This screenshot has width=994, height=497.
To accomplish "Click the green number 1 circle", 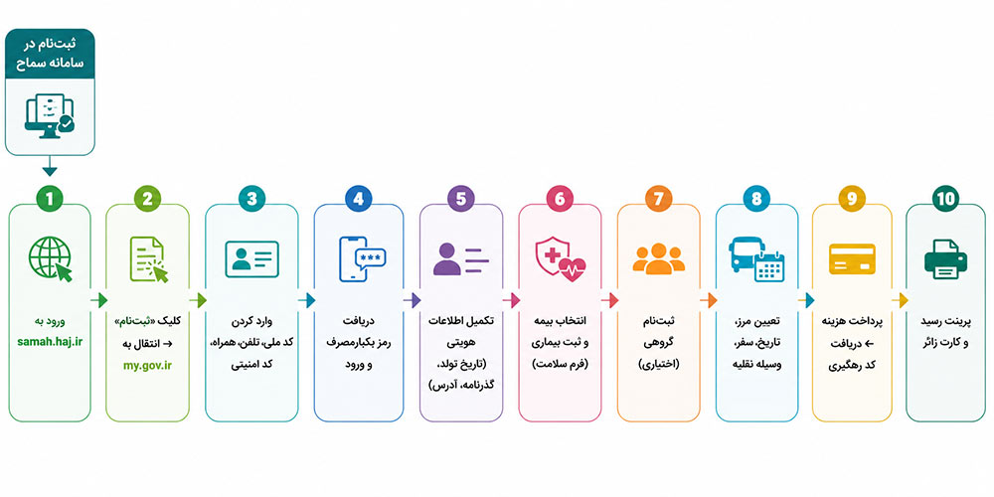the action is pos(50,199).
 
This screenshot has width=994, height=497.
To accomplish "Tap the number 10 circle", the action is pos(946,199).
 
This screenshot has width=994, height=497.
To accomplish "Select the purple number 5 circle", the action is pos(461,199).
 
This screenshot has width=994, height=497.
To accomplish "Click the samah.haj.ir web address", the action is pos(50,342).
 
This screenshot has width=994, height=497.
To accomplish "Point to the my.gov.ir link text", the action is pos(148,365).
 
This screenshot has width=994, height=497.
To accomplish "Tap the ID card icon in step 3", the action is pos(251,258).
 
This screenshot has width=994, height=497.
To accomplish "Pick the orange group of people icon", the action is pos(659,258).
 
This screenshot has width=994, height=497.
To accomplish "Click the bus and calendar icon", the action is pos(756,258).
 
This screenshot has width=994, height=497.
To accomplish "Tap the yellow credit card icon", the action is pos(852,258).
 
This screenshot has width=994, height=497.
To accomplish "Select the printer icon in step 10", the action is pos(946,258).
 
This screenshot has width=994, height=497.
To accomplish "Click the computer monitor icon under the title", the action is pos(50,114).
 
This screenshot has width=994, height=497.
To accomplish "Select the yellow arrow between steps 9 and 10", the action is pos(900,300).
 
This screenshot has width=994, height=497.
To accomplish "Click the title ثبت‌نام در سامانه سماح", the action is pos(50,54).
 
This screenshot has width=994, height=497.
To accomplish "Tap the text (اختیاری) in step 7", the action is pos(659,365).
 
